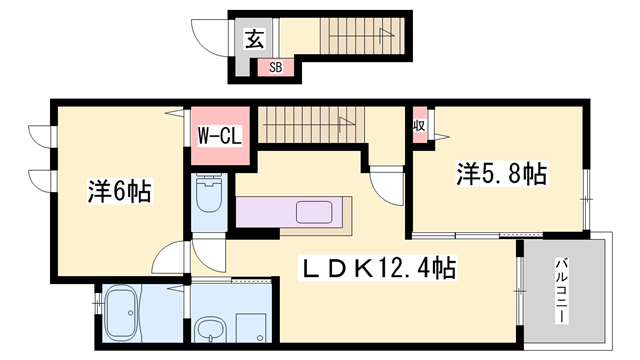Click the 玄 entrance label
pyautogui.click(x=254, y=39)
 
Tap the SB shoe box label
pyautogui.click(x=276, y=67)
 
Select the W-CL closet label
pyautogui.click(x=220, y=136)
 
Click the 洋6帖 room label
pyautogui.click(x=120, y=191)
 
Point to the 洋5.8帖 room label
pyautogui.click(x=502, y=173)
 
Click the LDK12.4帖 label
pyautogui.click(x=377, y=268)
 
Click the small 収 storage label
pyautogui.click(x=419, y=125)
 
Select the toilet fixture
pyautogui.click(x=209, y=193)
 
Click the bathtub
pyautogui.click(x=121, y=313)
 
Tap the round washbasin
pyautogui.click(x=210, y=329)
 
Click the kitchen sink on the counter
pyautogui.click(x=314, y=212)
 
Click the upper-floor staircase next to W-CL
pyautogui.click(x=311, y=124)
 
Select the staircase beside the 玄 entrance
pyautogui.click(x=362, y=36)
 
